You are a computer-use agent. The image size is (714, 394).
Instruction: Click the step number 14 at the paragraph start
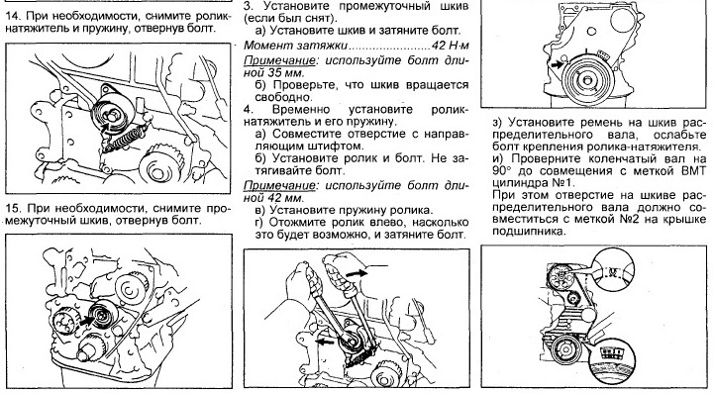click(x=13, y=16)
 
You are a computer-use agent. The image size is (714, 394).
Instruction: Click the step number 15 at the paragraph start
click(x=13, y=209)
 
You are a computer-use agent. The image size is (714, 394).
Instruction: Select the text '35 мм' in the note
click(x=284, y=72)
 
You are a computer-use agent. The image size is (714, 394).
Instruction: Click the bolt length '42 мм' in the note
click(x=284, y=198)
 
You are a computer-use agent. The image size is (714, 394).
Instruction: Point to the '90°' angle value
click(x=502, y=171)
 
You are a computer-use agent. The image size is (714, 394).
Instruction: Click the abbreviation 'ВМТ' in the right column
click(x=694, y=171)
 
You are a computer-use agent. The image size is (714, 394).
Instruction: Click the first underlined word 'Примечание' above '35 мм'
click(x=279, y=60)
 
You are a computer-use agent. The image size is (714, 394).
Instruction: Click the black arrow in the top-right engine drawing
click(x=557, y=65)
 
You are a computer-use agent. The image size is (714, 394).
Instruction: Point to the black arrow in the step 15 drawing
click(x=86, y=321)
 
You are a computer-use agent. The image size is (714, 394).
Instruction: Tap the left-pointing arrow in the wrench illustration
click(x=325, y=342)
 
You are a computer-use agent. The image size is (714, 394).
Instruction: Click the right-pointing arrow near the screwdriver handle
click(x=357, y=273)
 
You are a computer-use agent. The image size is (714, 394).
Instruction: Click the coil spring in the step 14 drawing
click(x=125, y=139)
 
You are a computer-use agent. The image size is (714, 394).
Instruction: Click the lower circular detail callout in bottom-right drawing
click(x=614, y=354)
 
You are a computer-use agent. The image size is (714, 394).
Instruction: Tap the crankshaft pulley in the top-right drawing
click(x=588, y=80)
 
